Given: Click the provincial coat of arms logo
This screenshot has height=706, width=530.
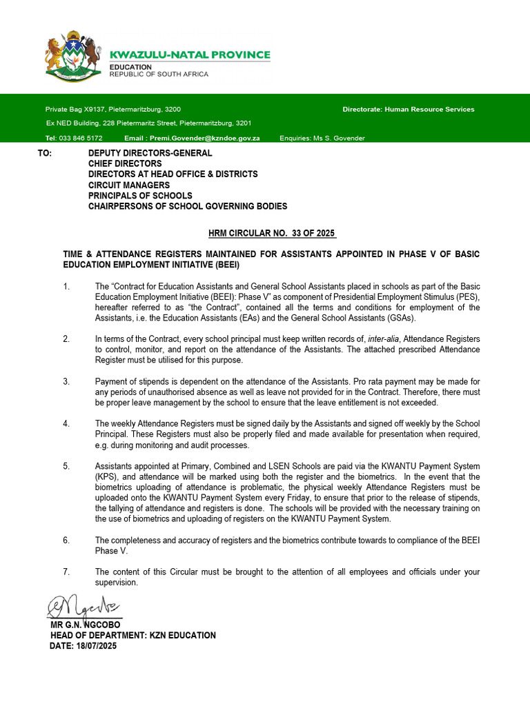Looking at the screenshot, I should tap(73, 55).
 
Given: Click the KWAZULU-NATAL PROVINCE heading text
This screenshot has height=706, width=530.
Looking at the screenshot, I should tap(190, 55).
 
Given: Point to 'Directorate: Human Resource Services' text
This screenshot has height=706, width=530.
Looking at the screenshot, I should tap(409, 109).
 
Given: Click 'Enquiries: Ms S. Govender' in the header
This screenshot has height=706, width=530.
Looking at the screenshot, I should tap(322, 138).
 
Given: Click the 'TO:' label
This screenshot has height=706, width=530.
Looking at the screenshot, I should tap(45, 153).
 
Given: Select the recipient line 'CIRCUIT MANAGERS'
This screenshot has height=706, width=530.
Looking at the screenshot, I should tap(128, 185).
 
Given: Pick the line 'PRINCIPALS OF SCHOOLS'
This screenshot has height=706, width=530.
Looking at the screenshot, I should tap(140, 196).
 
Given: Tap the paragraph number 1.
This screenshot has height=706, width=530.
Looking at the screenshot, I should tap(66, 287).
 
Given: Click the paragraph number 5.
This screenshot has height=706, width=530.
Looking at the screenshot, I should tap(66, 467).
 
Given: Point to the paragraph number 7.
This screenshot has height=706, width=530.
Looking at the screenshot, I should tap(66, 572).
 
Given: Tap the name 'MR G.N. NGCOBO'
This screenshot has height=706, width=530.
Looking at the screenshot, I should tap(82, 625).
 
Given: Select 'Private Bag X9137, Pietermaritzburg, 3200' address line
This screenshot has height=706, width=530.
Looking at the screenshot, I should tap(113, 109).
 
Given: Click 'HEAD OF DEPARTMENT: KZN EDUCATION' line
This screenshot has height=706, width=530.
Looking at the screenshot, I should tap(132, 636).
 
